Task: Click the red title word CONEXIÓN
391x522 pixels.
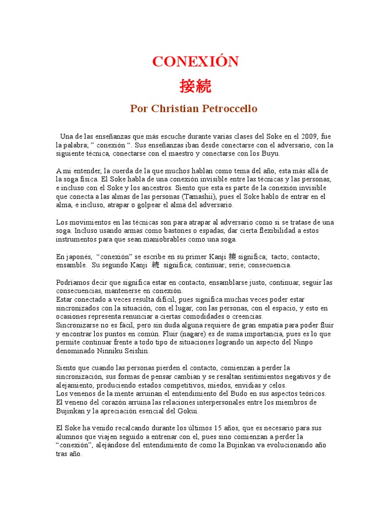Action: [x=195, y=62]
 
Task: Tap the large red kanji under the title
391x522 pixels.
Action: [x=195, y=86]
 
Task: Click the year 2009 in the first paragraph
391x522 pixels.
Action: [x=309, y=137]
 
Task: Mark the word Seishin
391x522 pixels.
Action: [x=141, y=351]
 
